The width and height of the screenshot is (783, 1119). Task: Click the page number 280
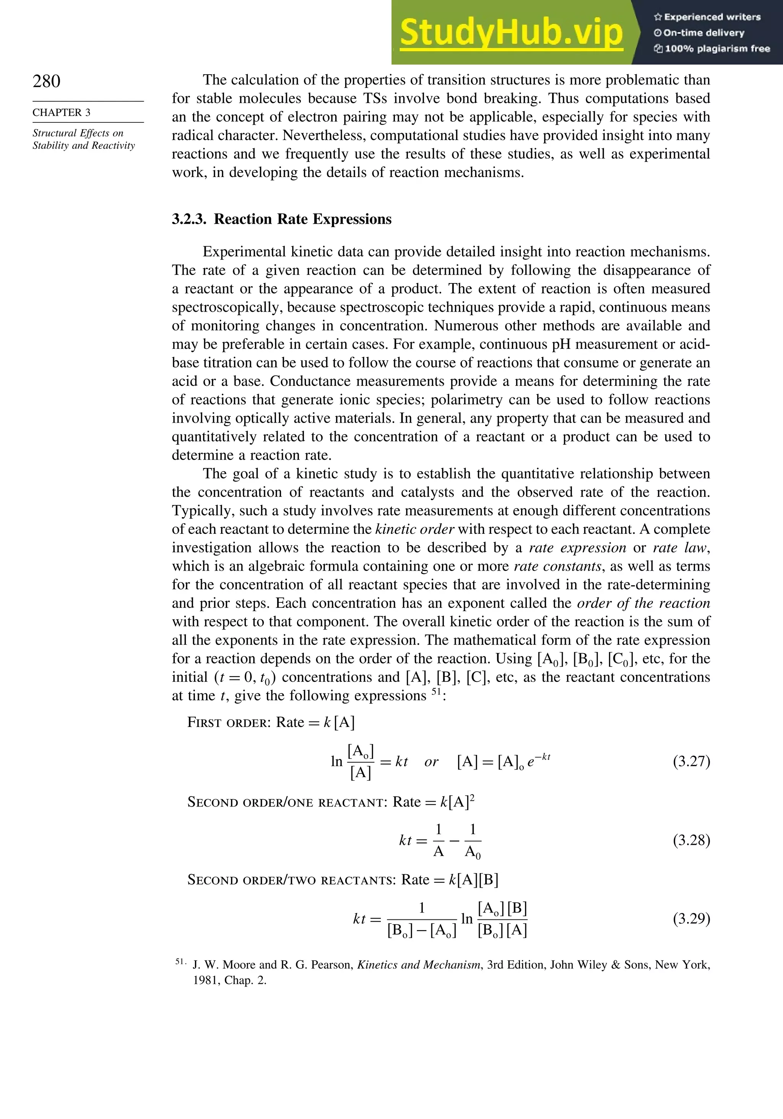click(x=47, y=81)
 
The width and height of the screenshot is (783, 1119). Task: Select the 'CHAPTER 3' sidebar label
click(x=62, y=112)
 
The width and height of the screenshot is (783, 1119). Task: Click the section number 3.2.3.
click(x=189, y=219)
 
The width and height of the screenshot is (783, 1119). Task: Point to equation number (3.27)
click(x=691, y=762)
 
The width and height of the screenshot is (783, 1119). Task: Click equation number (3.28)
click(x=691, y=840)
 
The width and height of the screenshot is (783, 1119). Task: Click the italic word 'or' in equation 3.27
click(x=431, y=762)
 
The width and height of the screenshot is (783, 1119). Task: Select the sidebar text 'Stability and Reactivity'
click(x=84, y=146)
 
